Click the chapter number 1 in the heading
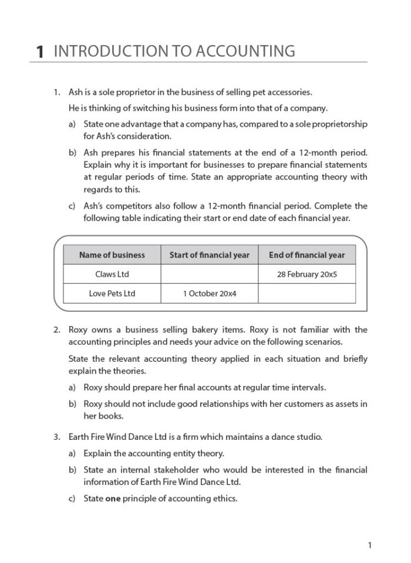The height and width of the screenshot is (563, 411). point(39,52)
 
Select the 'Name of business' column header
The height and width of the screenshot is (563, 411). point(112,255)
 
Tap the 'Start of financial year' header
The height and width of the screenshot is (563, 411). point(209,255)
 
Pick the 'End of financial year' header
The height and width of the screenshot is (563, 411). point(306,255)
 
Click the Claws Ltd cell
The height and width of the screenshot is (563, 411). point(112,274)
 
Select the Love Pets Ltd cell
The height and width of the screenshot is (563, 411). point(112,293)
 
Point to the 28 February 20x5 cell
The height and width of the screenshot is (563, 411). point(306,274)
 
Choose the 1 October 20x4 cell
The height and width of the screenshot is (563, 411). point(209,293)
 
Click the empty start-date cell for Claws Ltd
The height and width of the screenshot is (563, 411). point(209,274)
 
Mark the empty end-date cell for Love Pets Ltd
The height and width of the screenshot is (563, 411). point(306,293)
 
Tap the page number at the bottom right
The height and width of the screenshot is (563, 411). point(369,545)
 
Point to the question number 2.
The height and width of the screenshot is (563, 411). point(56,330)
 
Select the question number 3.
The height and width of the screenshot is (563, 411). point(56,437)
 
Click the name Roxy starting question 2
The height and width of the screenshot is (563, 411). point(78,330)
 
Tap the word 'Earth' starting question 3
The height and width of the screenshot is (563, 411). point(79,437)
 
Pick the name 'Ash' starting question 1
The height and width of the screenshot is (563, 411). point(76,92)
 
